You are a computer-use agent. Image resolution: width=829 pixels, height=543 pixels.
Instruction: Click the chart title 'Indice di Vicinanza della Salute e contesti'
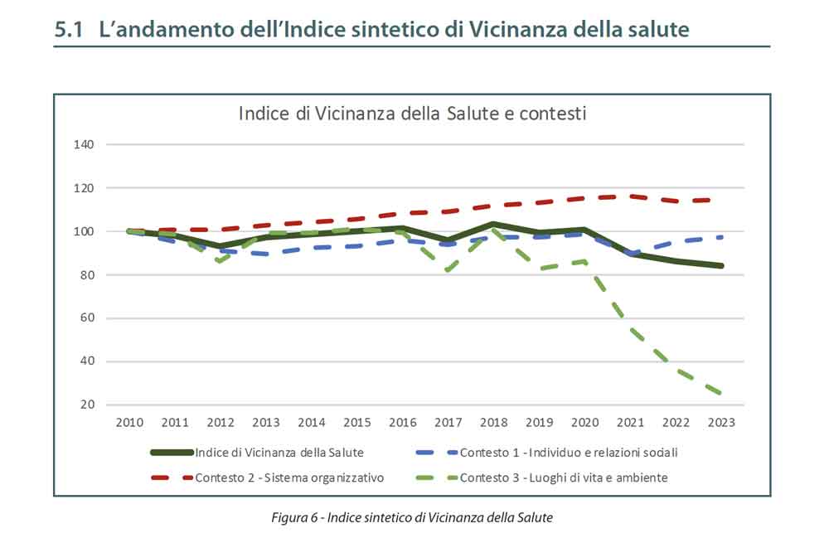pos(412,114)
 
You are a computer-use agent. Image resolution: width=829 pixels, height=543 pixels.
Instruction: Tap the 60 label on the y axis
pos(86,318)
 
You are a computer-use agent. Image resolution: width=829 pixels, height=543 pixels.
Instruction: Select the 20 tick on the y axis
pos(86,405)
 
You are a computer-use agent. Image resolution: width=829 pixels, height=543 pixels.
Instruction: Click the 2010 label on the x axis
pos(129,422)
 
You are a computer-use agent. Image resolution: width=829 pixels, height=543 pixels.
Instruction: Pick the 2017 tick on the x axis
pos(448,422)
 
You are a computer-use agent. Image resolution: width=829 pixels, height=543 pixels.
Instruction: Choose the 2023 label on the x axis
pos(721,422)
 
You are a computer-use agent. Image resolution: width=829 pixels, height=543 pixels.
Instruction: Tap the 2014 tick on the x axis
pos(312,422)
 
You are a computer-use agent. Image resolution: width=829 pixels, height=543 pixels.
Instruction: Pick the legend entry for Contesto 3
pos(564,478)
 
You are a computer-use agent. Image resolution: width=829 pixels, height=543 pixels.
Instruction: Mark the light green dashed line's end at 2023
pos(721,394)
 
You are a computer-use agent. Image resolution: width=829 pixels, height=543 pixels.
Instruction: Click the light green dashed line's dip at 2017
pos(448,270)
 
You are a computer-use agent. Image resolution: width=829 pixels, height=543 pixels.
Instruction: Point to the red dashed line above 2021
pos(631,196)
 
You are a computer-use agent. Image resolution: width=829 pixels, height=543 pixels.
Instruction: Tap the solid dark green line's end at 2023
pos(721,266)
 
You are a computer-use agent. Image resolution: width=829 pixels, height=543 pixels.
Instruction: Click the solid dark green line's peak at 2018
pos(494,224)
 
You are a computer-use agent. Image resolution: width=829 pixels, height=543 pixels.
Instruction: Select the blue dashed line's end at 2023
pos(721,237)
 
